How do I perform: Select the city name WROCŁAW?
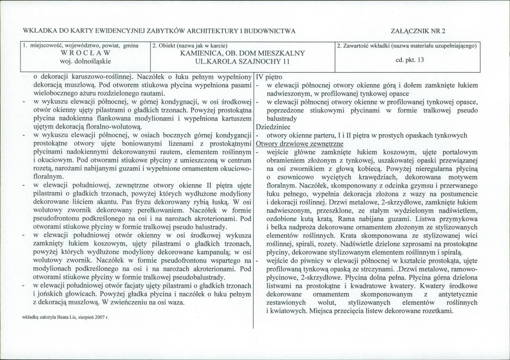pos(86,53)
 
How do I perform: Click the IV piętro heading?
pos(269,78)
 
